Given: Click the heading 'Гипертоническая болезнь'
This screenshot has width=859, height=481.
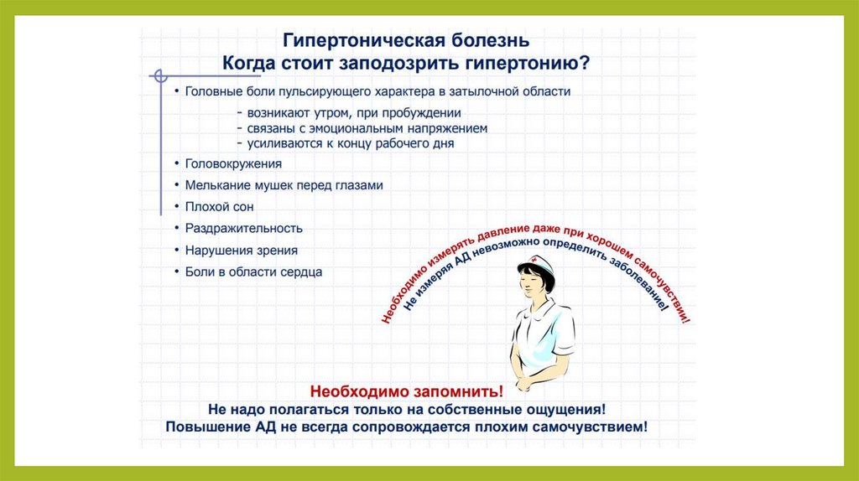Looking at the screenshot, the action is (406, 40).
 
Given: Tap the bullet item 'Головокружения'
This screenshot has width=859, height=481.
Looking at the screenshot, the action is (233, 163).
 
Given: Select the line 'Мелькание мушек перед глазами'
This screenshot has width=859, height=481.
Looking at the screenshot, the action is (284, 185).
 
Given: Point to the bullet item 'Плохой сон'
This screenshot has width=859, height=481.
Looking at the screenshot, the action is (219, 207).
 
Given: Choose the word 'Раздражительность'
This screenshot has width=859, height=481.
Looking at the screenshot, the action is (244, 228).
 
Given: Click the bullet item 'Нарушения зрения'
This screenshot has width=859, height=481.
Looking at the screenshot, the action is (241, 250).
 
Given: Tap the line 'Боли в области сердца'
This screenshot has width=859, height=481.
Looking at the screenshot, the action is (253, 272).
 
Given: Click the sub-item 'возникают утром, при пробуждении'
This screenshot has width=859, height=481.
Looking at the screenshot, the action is (354, 113).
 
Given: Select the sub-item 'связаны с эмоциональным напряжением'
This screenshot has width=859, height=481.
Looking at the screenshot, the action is (367, 128).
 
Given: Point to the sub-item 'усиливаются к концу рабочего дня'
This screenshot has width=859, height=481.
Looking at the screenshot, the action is (351, 143).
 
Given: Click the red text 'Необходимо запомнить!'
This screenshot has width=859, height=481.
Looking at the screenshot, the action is (407, 391).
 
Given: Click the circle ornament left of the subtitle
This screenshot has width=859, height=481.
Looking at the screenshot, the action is (160, 76).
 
